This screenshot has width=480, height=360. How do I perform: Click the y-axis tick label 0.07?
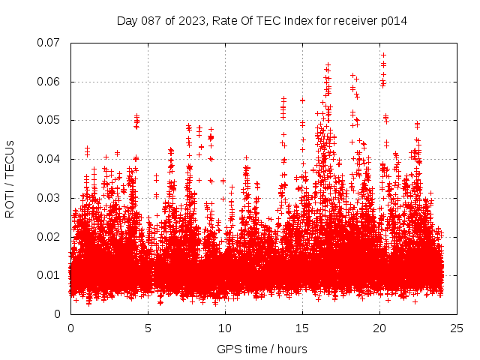(50, 43)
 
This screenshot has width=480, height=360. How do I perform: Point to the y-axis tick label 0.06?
(50, 82)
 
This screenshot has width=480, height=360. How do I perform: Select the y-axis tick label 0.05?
(50, 120)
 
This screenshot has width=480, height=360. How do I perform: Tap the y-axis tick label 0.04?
(50, 159)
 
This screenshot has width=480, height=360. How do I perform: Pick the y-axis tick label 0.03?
(50, 198)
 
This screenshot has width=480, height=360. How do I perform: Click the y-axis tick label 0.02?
(50, 236)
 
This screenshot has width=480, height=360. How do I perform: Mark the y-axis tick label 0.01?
(50, 275)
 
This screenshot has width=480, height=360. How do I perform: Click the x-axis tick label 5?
(148, 328)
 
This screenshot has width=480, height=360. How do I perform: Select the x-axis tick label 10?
(225, 328)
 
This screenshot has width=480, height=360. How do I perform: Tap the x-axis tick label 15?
(302, 328)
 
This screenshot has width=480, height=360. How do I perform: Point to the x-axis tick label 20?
(379, 328)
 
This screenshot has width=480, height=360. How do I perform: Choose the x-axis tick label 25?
(457, 328)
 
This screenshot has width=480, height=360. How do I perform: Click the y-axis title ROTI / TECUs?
(10, 178)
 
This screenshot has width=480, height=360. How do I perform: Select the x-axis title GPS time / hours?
(262, 349)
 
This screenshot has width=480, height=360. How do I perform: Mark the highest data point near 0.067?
(383, 55)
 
